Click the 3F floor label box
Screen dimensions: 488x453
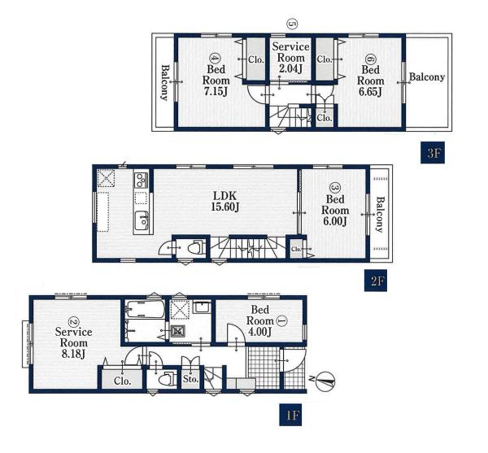click(x=433, y=152)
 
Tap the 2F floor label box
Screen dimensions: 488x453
click(x=376, y=281)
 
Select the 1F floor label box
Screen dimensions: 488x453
click(x=290, y=415)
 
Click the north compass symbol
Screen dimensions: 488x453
click(x=325, y=381)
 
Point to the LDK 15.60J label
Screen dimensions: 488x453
click(x=224, y=202)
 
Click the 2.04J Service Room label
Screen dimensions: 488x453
click(x=291, y=58)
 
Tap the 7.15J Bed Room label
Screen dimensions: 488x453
click(x=216, y=76)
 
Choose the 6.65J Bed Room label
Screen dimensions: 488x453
click(x=370, y=76)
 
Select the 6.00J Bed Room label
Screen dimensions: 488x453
click(x=335, y=205)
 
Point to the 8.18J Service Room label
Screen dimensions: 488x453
click(x=73, y=338)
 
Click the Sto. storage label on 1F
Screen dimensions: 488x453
click(x=190, y=379)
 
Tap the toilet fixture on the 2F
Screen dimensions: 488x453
click(x=197, y=248)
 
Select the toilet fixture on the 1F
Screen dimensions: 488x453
click(x=167, y=379)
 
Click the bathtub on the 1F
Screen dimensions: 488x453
click(x=145, y=309)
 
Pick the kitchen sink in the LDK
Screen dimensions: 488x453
click(x=141, y=220)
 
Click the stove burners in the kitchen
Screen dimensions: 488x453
click(x=141, y=180)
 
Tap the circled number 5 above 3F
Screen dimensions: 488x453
click(x=292, y=24)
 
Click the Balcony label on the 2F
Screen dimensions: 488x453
click(x=380, y=215)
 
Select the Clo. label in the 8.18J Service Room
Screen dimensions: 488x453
click(x=122, y=381)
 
